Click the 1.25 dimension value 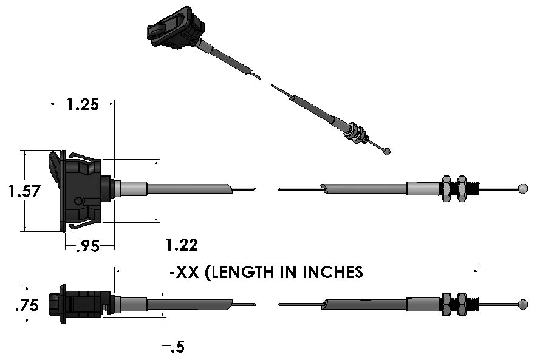(83, 104)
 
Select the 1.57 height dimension (24, 191)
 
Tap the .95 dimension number (87, 246)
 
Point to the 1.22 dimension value (182, 245)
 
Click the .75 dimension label (27, 305)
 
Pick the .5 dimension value (177, 347)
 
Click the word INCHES (333, 272)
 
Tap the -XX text (184, 273)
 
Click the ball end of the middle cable (523, 189)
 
